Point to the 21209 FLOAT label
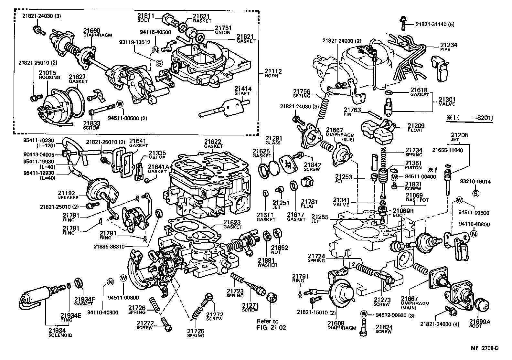[416, 127]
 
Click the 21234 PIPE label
[449, 47]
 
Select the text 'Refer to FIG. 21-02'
[268, 324]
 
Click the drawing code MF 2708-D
[485, 348]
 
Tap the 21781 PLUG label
[309, 204]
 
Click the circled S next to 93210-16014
[475, 194]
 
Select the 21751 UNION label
[223, 30]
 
